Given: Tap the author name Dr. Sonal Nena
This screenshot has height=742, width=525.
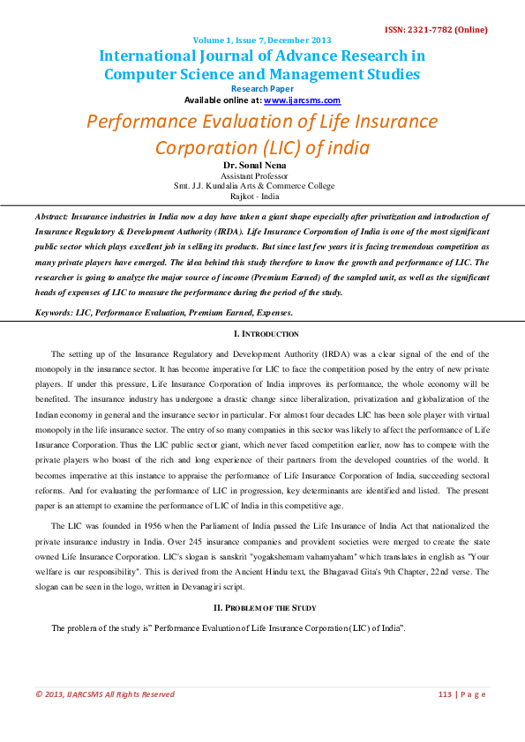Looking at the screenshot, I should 262,165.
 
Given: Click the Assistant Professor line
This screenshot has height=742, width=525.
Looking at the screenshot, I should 262,175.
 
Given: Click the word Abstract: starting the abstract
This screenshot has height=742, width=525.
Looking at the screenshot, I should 51,216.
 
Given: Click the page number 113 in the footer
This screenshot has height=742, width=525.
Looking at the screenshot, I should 445,694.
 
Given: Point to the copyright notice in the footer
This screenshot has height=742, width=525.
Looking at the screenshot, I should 105,694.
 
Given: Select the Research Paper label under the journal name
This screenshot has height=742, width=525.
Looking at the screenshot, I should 262,89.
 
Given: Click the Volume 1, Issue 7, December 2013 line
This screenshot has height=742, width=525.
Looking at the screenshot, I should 262,40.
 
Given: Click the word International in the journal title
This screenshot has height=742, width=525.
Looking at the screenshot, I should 156,56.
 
